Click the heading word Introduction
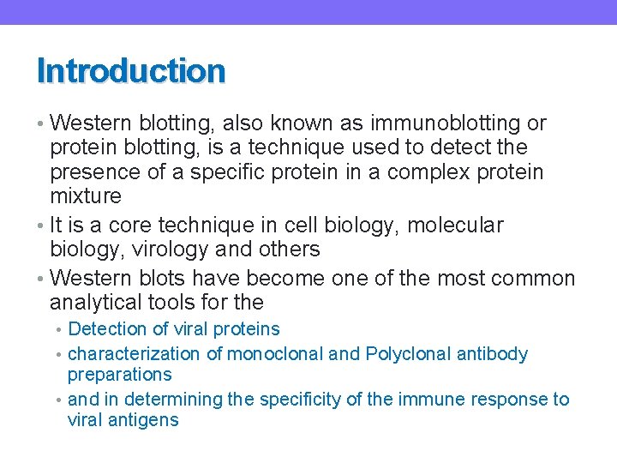click(x=131, y=71)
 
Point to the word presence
click(x=96, y=172)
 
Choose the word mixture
click(x=86, y=196)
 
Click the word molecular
click(x=455, y=225)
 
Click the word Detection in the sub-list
click(x=106, y=329)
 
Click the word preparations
click(x=119, y=375)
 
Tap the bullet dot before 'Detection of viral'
click(x=60, y=329)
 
